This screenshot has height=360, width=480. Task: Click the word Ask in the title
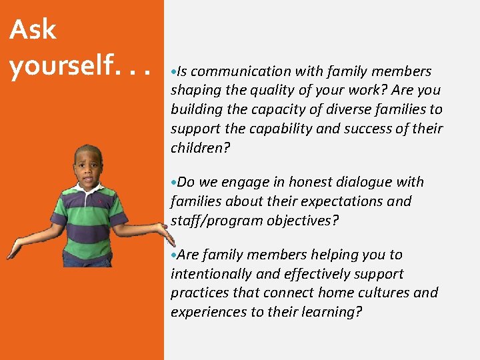point(33,29)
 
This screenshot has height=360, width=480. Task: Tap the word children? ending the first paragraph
point(200,148)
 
